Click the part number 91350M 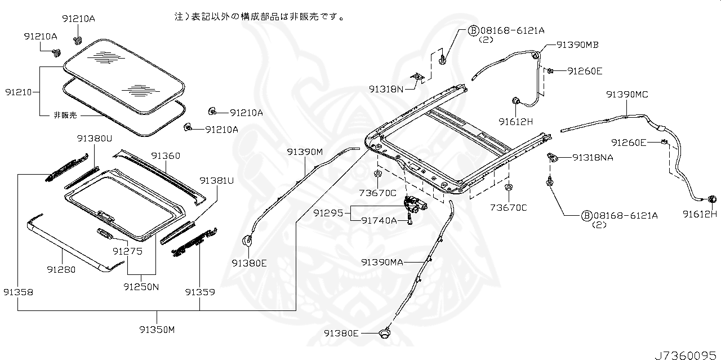157,330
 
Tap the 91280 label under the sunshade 61,269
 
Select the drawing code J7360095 686,355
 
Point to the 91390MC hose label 627,94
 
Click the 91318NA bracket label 593,157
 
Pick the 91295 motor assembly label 328,213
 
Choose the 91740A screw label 379,221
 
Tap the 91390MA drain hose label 382,263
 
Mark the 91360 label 166,156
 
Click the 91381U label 217,181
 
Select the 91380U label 94,139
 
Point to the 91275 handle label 127,251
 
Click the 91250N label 141,287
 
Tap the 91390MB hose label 577,45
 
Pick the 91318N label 386,89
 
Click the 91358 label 19,292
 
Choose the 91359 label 200,292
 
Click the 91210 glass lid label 19,92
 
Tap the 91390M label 305,152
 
